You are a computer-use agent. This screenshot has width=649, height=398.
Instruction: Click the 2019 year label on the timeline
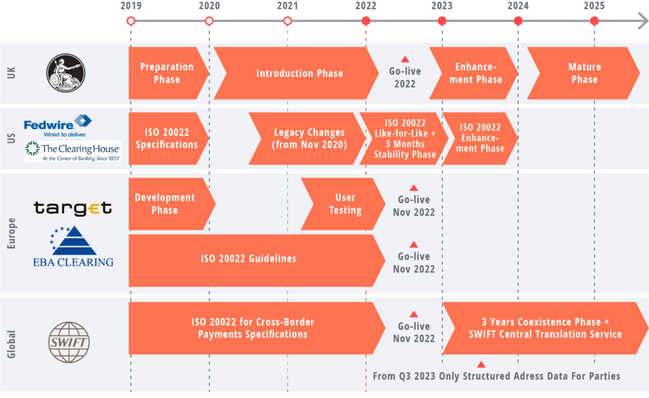[x=131, y=6]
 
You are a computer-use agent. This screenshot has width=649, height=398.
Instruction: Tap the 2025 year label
[x=594, y=6]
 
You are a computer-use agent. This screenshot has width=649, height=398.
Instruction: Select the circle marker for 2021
[x=287, y=21]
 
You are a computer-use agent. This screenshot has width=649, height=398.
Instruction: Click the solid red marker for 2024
[x=518, y=21]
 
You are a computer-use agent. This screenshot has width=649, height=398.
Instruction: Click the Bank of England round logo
[x=65, y=73]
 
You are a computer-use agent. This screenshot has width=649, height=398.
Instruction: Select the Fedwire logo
[x=58, y=125]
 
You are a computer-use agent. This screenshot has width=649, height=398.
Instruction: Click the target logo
[x=72, y=208]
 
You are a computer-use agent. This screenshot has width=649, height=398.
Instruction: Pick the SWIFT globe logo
[x=69, y=342]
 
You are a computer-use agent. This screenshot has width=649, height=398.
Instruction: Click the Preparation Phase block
[x=167, y=73]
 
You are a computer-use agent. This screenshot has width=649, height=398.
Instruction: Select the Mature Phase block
[x=584, y=73]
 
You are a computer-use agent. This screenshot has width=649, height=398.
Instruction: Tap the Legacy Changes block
[x=308, y=138]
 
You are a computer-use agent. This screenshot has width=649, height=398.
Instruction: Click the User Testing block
[x=344, y=204]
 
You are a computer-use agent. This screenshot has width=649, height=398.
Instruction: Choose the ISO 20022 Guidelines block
[x=249, y=259]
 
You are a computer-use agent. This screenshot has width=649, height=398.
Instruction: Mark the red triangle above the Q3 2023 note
[x=481, y=364]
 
